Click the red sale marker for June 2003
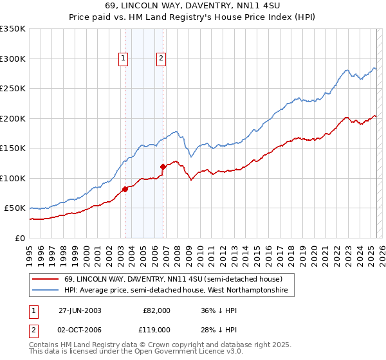click(125, 189)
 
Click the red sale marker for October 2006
click(163, 166)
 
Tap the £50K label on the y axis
click(15, 208)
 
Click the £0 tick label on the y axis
click(21, 238)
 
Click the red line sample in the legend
click(45, 280)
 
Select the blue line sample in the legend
click(45, 291)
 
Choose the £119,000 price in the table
click(156, 329)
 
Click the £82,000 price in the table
click(156, 310)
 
